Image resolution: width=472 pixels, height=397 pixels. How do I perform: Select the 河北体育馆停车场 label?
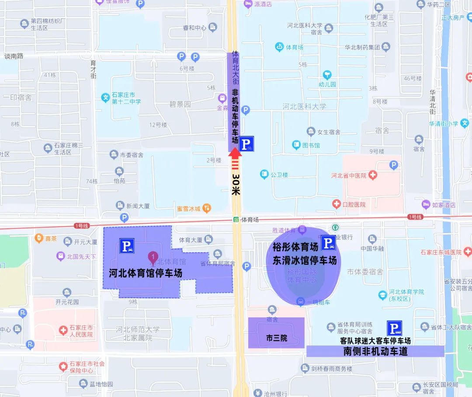145,273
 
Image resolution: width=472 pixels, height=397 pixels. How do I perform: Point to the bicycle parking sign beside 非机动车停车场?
247,143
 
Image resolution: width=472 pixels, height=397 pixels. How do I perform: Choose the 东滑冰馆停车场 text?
305,260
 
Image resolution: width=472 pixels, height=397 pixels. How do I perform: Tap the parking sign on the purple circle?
328,243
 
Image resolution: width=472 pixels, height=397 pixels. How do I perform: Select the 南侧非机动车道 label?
375,351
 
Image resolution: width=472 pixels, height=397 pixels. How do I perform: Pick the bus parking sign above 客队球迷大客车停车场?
394,328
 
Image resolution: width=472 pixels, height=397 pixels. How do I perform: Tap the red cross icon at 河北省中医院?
373,176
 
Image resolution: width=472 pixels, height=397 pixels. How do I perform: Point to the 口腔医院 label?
354,204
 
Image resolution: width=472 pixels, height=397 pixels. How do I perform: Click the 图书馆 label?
311,145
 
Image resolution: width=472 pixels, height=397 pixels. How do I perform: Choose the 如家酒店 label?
444,204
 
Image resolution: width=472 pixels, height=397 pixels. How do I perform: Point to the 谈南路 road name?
14,56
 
